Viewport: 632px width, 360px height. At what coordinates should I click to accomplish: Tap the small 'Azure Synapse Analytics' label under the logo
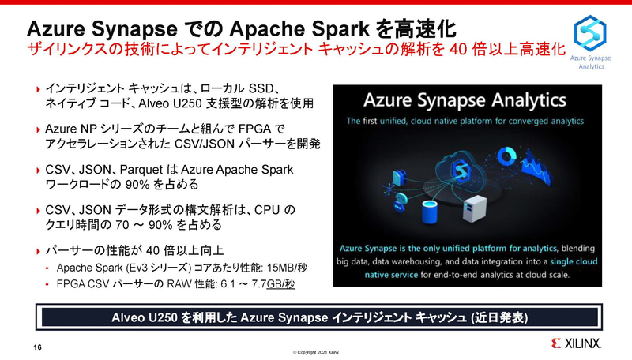point(591,62)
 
